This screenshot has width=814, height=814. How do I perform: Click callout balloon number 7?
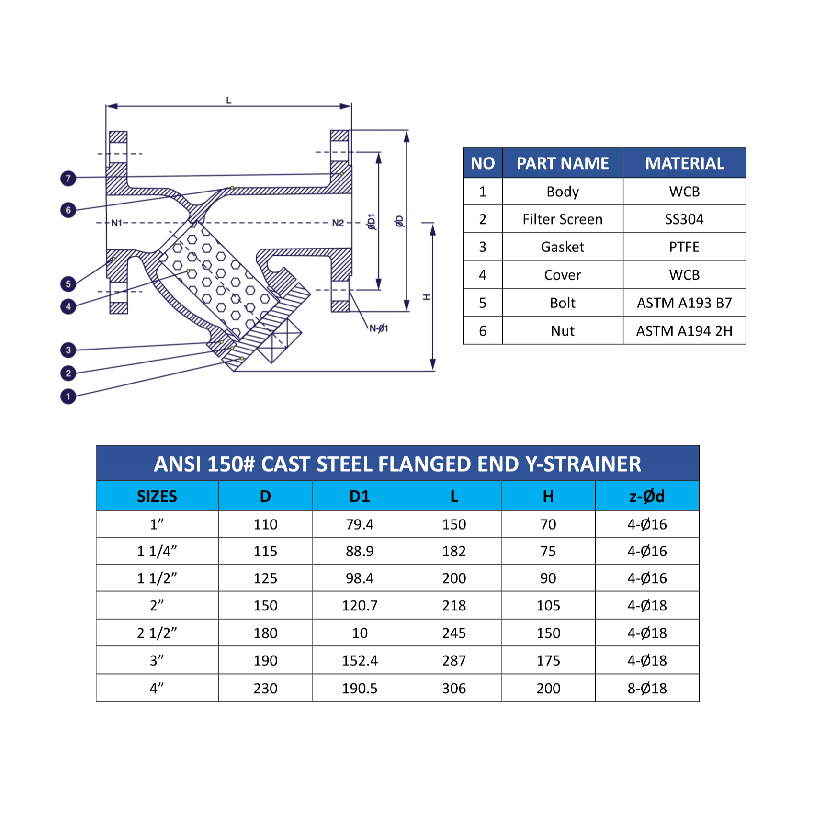click(x=68, y=178)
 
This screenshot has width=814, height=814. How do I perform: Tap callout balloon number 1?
click(x=68, y=396)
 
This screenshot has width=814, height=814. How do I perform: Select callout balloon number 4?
click(x=68, y=306)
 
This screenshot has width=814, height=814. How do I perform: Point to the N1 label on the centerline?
click(x=117, y=223)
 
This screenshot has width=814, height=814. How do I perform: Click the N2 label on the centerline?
click(x=338, y=223)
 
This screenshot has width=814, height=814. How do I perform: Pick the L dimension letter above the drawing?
click(x=229, y=101)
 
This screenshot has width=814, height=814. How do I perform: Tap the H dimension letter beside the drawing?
click(x=427, y=297)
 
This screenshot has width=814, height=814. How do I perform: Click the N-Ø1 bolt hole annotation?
click(x=379, y=328)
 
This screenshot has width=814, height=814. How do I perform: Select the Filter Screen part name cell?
click(x=563, y=219)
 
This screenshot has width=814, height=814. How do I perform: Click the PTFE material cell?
click(x=684, y=247)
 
